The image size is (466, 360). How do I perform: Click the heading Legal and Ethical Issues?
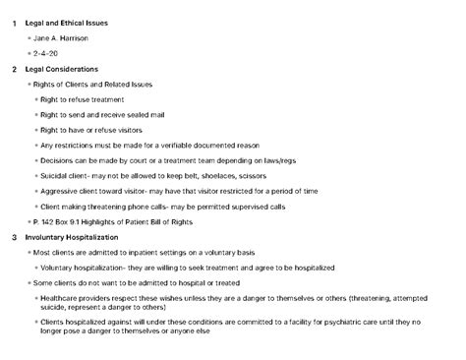67,22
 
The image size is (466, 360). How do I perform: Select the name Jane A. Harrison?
61,37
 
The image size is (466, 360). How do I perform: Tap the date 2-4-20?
46,53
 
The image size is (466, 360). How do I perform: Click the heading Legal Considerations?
61,69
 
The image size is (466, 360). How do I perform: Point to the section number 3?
14,237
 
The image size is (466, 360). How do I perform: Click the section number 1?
14,22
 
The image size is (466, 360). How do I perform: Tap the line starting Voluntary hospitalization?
197,268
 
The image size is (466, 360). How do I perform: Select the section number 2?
14,69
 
